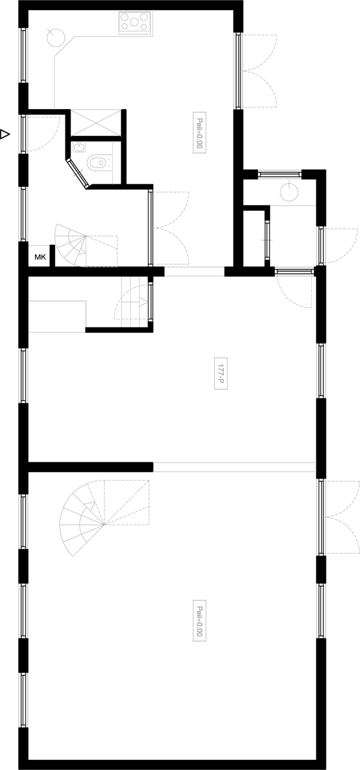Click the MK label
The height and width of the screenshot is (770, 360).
tap(40, 257)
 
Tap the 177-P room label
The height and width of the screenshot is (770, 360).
tap(221, 373)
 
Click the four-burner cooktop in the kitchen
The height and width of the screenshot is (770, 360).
tap(135, 22)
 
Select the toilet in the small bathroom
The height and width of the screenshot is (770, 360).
tap(100, 163)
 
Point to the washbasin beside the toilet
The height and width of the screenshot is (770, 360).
tap(79, 148)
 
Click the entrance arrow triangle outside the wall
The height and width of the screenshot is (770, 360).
tap(5, 134)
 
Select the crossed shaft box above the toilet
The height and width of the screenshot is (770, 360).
tap(96, 123)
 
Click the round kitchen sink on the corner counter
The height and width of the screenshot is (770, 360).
tap(56, 38)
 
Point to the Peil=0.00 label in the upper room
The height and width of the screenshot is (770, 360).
tap(199, 132)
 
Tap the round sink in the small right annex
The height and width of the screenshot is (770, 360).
tap(289, 192)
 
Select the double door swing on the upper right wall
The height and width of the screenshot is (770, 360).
tap(259, 71)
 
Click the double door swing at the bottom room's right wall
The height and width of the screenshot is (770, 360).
tap(340, 517)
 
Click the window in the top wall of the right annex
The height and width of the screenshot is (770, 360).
tap(279, 174)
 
